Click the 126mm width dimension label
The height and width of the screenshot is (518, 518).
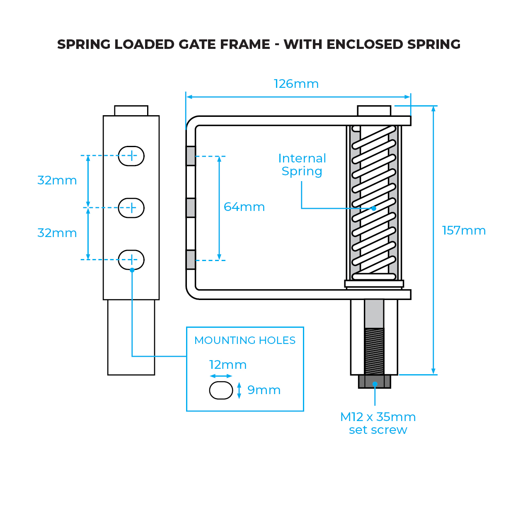point(296,84)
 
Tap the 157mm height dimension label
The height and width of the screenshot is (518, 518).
point(464,230)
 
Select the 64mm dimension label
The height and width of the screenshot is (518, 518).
point(244,207)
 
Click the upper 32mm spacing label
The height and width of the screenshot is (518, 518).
point(57,180)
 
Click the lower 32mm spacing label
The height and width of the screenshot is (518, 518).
point(57,233)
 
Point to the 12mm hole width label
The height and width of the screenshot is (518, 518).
point(228,365)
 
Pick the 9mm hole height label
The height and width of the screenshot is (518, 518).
point(264,390)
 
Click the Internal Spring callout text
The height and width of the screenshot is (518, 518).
point(302,165)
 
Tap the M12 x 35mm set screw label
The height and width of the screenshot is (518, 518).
point(378,423)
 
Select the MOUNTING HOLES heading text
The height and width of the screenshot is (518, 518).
point(245,340)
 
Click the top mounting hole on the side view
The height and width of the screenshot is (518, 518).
point(131,156)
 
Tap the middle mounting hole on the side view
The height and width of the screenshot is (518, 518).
point(131,208)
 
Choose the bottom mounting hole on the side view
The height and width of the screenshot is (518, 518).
point(131,260)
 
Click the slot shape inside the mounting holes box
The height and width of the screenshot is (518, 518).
point(221,390)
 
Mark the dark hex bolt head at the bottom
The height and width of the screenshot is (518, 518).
point(375,382)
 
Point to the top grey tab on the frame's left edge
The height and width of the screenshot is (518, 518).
point(191,156)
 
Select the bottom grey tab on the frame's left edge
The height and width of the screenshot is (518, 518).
point(191,260)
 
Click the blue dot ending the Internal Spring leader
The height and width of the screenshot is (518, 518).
point(374,208)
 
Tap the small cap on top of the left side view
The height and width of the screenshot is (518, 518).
point(131,111)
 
